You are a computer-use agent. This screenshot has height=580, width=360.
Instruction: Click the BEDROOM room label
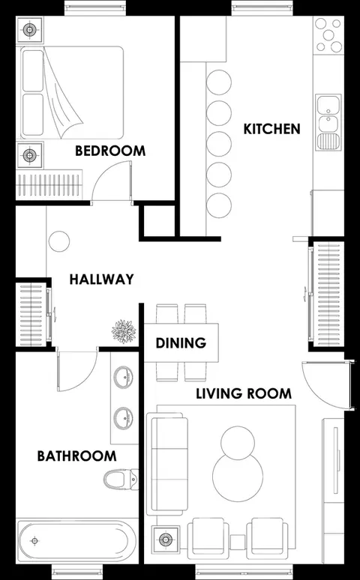pyautogui.click(x=110, y=151)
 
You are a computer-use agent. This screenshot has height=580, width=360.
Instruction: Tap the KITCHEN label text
pyautogui.click(x=271, y=129)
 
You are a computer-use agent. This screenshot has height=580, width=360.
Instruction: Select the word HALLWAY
pyautogui.click(x=102, y=279)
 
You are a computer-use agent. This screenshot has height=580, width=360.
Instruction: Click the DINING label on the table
pyautogui.click(x=181, y=343)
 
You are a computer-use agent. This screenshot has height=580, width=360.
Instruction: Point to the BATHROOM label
pyautogui.click(x=77, y=456)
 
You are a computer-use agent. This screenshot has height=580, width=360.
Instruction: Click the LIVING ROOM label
pyautogui.click(x=244, y=393)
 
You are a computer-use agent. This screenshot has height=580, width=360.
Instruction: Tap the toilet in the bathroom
pyautogui.click(x=121, y=480)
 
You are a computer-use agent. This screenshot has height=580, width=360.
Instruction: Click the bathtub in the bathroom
pyautogui.click(x=77, y=542)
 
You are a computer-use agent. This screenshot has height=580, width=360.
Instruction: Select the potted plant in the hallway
pyautogui.click(x=124, y=331)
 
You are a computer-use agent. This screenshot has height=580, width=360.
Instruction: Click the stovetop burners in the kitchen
pyautogui.click(x=328, y=34)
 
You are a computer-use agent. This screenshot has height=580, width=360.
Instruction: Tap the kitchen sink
pyautogui.click(x=328, y=122)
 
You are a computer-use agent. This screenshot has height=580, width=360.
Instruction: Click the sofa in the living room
pyautogui.click(x=167, y=464)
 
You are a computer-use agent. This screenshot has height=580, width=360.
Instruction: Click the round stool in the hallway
pyautogui.click(x=59, y=241)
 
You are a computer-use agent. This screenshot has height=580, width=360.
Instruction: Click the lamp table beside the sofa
pyautogui.click(x=165, y=540)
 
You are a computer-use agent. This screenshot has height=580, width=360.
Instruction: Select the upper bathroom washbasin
pyautogui.click(x=123, y=377)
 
